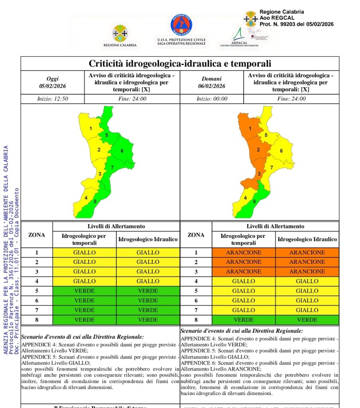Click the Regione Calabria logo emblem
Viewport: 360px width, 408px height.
click(x=120, y=33)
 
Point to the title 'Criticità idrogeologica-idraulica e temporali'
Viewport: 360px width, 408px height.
click(x=180, y=64)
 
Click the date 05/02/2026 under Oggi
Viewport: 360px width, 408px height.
click(x=52, y=86)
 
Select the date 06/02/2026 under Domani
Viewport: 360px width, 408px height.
click(x=211, y=86)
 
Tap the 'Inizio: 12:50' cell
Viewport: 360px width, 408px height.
click(x=52, y=99)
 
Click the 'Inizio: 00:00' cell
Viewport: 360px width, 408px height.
click(x=211, y=99)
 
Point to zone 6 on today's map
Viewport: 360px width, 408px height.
click(x=122, y=151)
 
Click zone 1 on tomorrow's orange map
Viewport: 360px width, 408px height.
click(x=250, y=128)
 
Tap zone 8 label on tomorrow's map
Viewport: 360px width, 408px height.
click(x=254, y=202)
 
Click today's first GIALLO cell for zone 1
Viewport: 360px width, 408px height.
click(x=85, y=253)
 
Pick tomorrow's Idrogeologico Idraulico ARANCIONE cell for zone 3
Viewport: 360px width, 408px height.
click(x=307, y=272)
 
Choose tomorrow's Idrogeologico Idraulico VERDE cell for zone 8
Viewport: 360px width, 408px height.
click(x=307, y=320)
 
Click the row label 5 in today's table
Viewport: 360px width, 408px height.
click(x=37, y=291)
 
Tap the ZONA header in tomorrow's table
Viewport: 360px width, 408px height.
click(x=196, y=235)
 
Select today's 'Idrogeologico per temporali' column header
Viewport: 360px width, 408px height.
click(x=85, y=239)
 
